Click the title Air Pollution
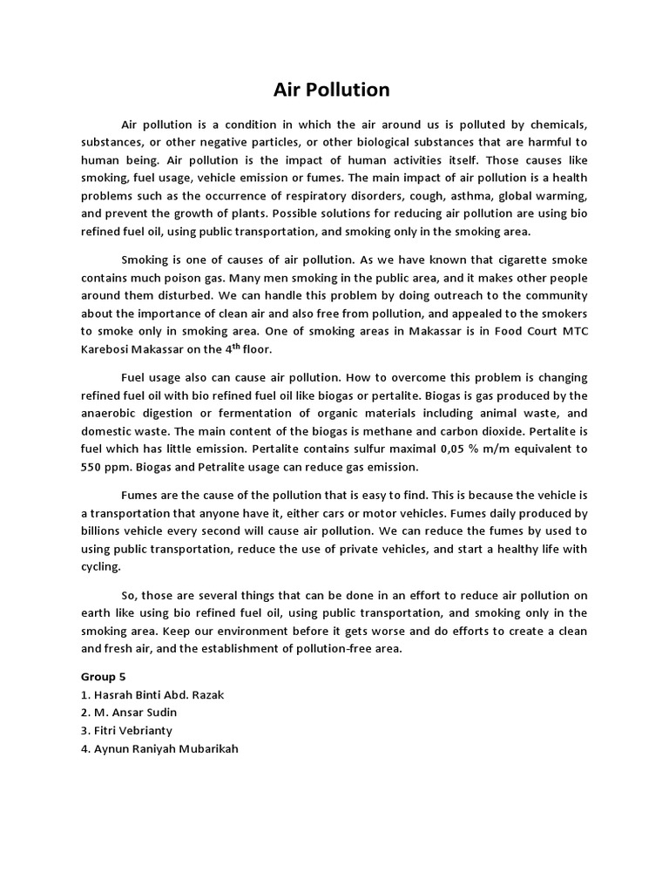[332, 90]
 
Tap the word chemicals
[557, 123]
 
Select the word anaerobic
[110, 412]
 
